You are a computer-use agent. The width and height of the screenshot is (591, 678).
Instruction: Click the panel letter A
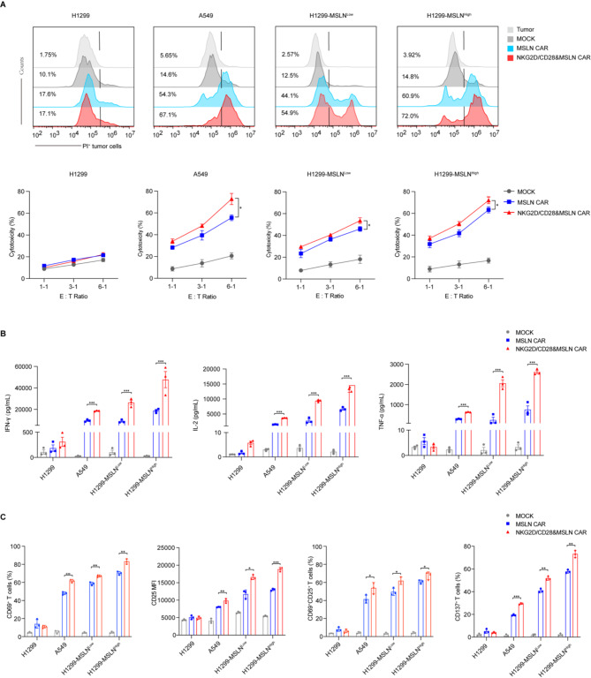pos(5,5)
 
